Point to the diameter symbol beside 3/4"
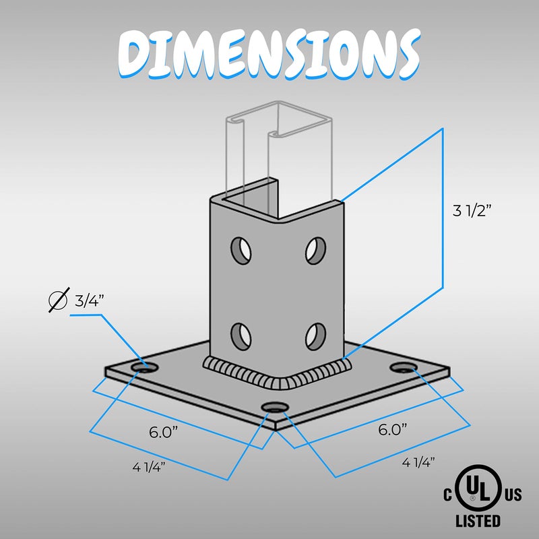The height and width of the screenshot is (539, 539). pyautogui.click(x=59, y=300)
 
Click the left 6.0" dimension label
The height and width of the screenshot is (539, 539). pyautogui.click(x=164, y=432)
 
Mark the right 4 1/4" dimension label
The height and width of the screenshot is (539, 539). pyautogui.click(x=418, y=462)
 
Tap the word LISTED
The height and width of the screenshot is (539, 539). pyautogui.click(x=478, y=521)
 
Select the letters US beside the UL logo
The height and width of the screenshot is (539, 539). pyautogui.click(x=512, y=496)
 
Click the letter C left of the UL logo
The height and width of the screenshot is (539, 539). pyautogui.click(x=447, y=496)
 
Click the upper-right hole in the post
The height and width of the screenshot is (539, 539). pyautogui.click(x=313, y=250)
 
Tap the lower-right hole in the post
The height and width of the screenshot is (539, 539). pyautogui.click(x=314, y=333)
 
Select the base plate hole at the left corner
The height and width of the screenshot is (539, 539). pyautogui.click(x=144, y=367)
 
